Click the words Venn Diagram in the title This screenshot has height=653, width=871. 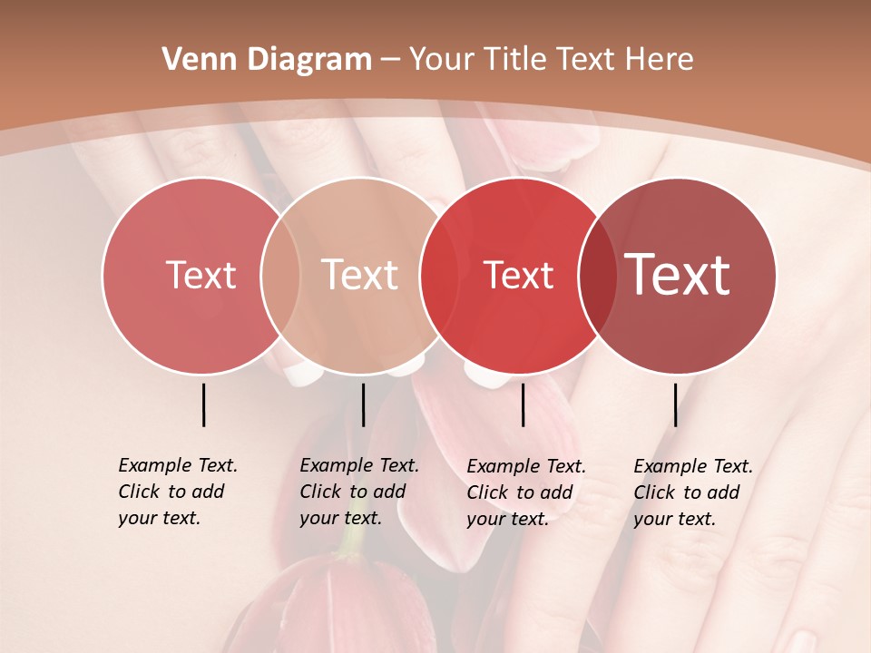click(267, 60)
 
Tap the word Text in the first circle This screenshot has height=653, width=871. click(201, 275)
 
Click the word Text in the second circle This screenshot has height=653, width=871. click(360, 275)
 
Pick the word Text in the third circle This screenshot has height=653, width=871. click(519, 275)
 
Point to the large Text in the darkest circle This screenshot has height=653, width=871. click(678, 275)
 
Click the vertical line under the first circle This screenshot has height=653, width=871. click(204, 404)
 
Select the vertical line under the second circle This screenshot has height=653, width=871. click(363, 404)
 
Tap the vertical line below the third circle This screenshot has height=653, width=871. click(524, 404)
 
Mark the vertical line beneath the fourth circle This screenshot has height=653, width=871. click(676, 404)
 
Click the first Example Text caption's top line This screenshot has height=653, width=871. click(178, 465)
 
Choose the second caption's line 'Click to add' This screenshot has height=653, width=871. click(352, 492)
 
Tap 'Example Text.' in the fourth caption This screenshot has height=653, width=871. click(693, 466)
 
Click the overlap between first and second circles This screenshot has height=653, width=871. click(280, 276)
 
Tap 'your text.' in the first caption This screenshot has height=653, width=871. click(159, 518)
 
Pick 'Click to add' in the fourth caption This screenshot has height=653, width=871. click(686, 492)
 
